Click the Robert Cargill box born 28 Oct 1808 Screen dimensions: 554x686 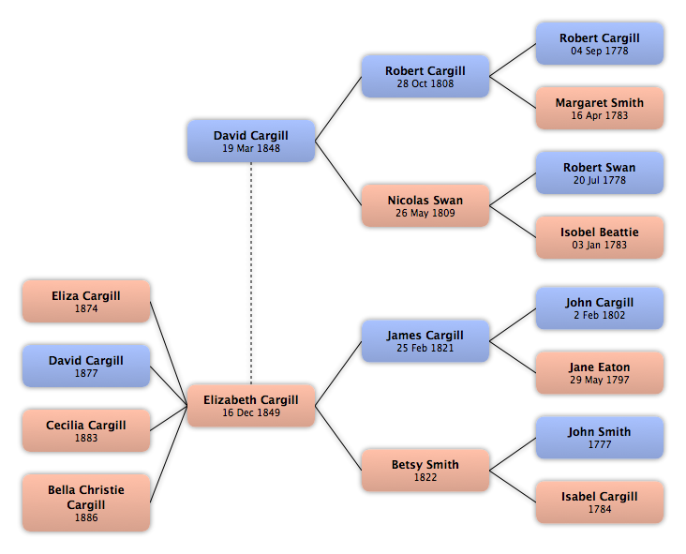click(425, 77)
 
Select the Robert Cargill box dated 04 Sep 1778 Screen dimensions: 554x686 click(599, 44)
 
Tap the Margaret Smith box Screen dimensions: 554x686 click(599, 109)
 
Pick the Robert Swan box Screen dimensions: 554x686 click(599, 173)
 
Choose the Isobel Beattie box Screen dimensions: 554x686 click(599, 238)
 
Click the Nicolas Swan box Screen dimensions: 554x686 click(425, 206)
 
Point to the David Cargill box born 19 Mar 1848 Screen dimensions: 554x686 click(250, 142)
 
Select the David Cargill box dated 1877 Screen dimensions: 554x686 click(85, 367)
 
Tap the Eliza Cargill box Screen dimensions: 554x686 click(85, 302)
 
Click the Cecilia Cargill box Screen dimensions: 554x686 click(85, 431)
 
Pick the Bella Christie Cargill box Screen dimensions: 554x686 click(85, 503)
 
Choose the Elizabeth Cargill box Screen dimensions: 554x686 click(250, 406)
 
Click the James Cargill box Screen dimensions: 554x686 click(425, 341)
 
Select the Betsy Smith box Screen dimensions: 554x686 click(425, 471)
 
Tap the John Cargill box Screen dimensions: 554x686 click(599, 308)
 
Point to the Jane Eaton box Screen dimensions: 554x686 click(599, 373)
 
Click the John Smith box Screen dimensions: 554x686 click(599, 438)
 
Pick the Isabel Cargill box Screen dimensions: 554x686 click(599, 502)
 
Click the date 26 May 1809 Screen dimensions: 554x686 click(425, 213)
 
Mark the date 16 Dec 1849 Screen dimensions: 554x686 click(250, 412)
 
